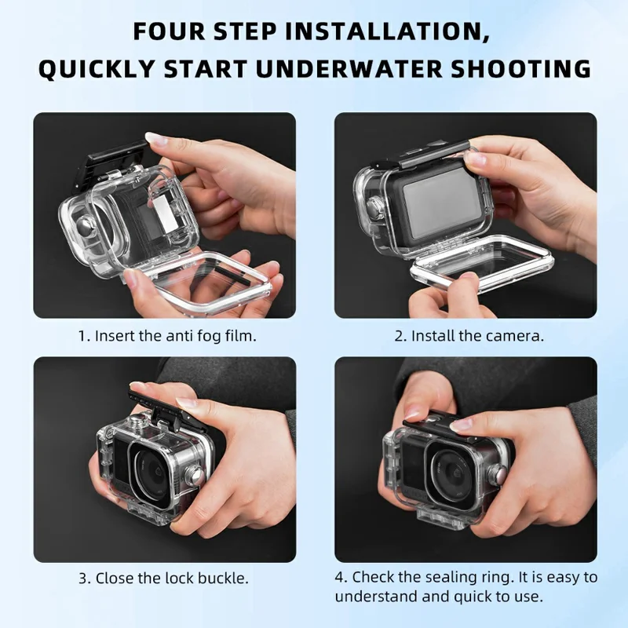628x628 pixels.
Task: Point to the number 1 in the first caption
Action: tap(81, 335)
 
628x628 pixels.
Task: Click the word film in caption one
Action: tap(241, 335)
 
